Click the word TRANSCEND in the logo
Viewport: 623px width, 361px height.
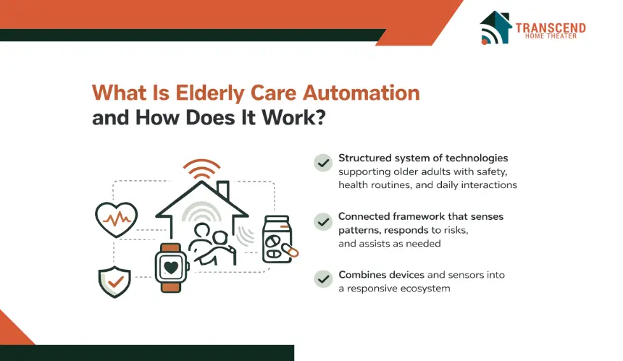(x=551, y=27)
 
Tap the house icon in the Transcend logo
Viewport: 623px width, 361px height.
(x=495, y=27)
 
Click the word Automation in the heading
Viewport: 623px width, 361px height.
(x=361, y=93)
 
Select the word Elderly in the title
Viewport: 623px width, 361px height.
(x=210, y=93)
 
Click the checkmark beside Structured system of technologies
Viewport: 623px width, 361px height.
(x=323, y=163)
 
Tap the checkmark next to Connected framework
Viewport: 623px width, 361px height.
(x=323, y=221)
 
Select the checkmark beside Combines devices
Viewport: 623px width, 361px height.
(x=323, y=279)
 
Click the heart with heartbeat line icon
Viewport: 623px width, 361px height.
(x=117, y=219)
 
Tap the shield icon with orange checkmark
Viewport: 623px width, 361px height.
(x=115, y=281)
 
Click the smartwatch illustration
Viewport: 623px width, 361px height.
(x=171, y=268)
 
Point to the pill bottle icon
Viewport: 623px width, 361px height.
(x=277, y=239)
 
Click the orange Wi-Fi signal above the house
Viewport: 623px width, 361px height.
(x=201, y=169)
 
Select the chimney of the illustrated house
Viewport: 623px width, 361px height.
(x=223, y=190)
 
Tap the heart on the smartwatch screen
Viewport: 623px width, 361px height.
(x=171, y=268)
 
